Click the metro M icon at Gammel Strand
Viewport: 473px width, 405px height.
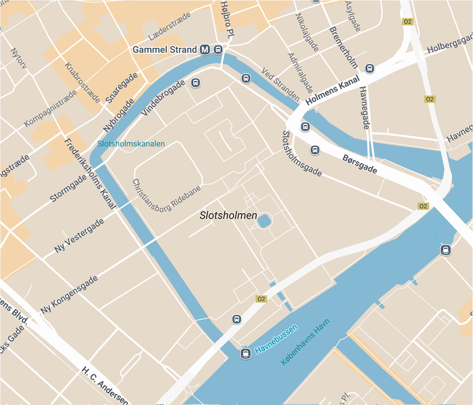[205, 50]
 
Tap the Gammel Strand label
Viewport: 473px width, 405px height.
[165, 50]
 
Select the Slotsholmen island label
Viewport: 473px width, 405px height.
[228, 215]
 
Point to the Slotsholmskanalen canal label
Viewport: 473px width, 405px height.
[131, 144]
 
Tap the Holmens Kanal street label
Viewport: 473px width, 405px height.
[333, 90]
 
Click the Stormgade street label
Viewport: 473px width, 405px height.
[68, 187]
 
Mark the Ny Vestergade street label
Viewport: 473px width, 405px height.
[79, 236]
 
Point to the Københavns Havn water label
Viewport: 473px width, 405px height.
[305, 342]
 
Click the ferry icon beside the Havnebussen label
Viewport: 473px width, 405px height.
[245, 354]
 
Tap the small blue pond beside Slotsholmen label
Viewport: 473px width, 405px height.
[264, 221]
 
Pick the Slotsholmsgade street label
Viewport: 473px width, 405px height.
[302, 154]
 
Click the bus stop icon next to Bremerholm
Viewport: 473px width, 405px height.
[370, 69]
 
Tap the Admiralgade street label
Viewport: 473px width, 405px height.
[300, 72]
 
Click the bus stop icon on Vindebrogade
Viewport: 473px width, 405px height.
[196, 83]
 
